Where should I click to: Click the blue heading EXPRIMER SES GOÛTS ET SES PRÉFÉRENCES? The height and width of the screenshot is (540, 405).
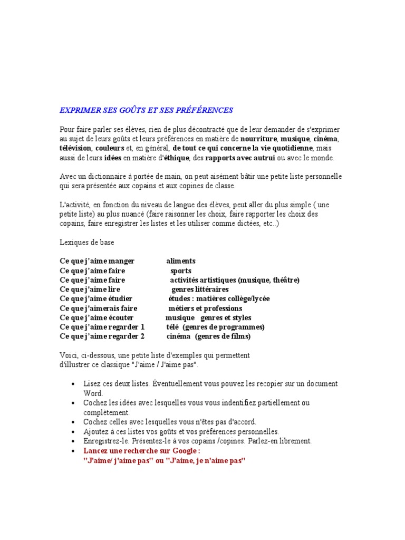tap(146, 110)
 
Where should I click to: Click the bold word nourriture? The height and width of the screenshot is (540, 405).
tap(258, 139)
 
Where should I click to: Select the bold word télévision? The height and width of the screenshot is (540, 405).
tap(75, 148)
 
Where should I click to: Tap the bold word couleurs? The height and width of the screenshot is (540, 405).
tap(110, 148)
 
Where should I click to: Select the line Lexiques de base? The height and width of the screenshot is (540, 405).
tap(86, 242)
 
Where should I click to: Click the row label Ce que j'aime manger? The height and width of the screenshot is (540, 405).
tap(97, 261)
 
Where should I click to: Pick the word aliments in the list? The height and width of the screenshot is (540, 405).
tap(181, 261)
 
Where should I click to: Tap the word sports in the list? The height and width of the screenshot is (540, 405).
tap(181, 271)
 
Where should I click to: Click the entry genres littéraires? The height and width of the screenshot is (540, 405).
tap(200, 290)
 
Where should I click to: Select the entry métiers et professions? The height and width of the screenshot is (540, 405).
tap(205, 308)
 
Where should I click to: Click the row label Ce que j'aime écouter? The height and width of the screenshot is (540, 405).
tap(97, 318)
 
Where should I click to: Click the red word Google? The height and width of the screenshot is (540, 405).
tap(184, 451)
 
